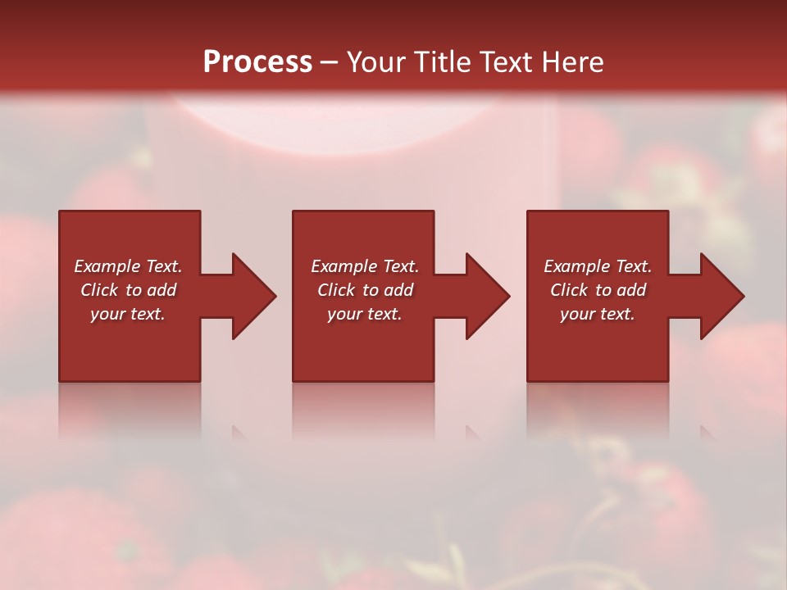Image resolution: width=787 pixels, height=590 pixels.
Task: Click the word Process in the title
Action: (257, 62)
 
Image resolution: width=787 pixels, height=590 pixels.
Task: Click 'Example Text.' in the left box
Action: (128, 266)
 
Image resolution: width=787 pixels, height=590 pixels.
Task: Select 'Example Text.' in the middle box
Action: (365, 266)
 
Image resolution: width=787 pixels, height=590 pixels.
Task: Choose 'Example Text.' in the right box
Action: (598, 266)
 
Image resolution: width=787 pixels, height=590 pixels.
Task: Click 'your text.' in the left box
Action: (128, 314)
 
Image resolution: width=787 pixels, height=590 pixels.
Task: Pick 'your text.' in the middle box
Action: (365, 314)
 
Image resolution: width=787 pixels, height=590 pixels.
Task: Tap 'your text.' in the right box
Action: (598, 314)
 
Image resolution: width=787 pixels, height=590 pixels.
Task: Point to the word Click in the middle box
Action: (336, 290)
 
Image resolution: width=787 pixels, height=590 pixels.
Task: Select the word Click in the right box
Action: (569, 290)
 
